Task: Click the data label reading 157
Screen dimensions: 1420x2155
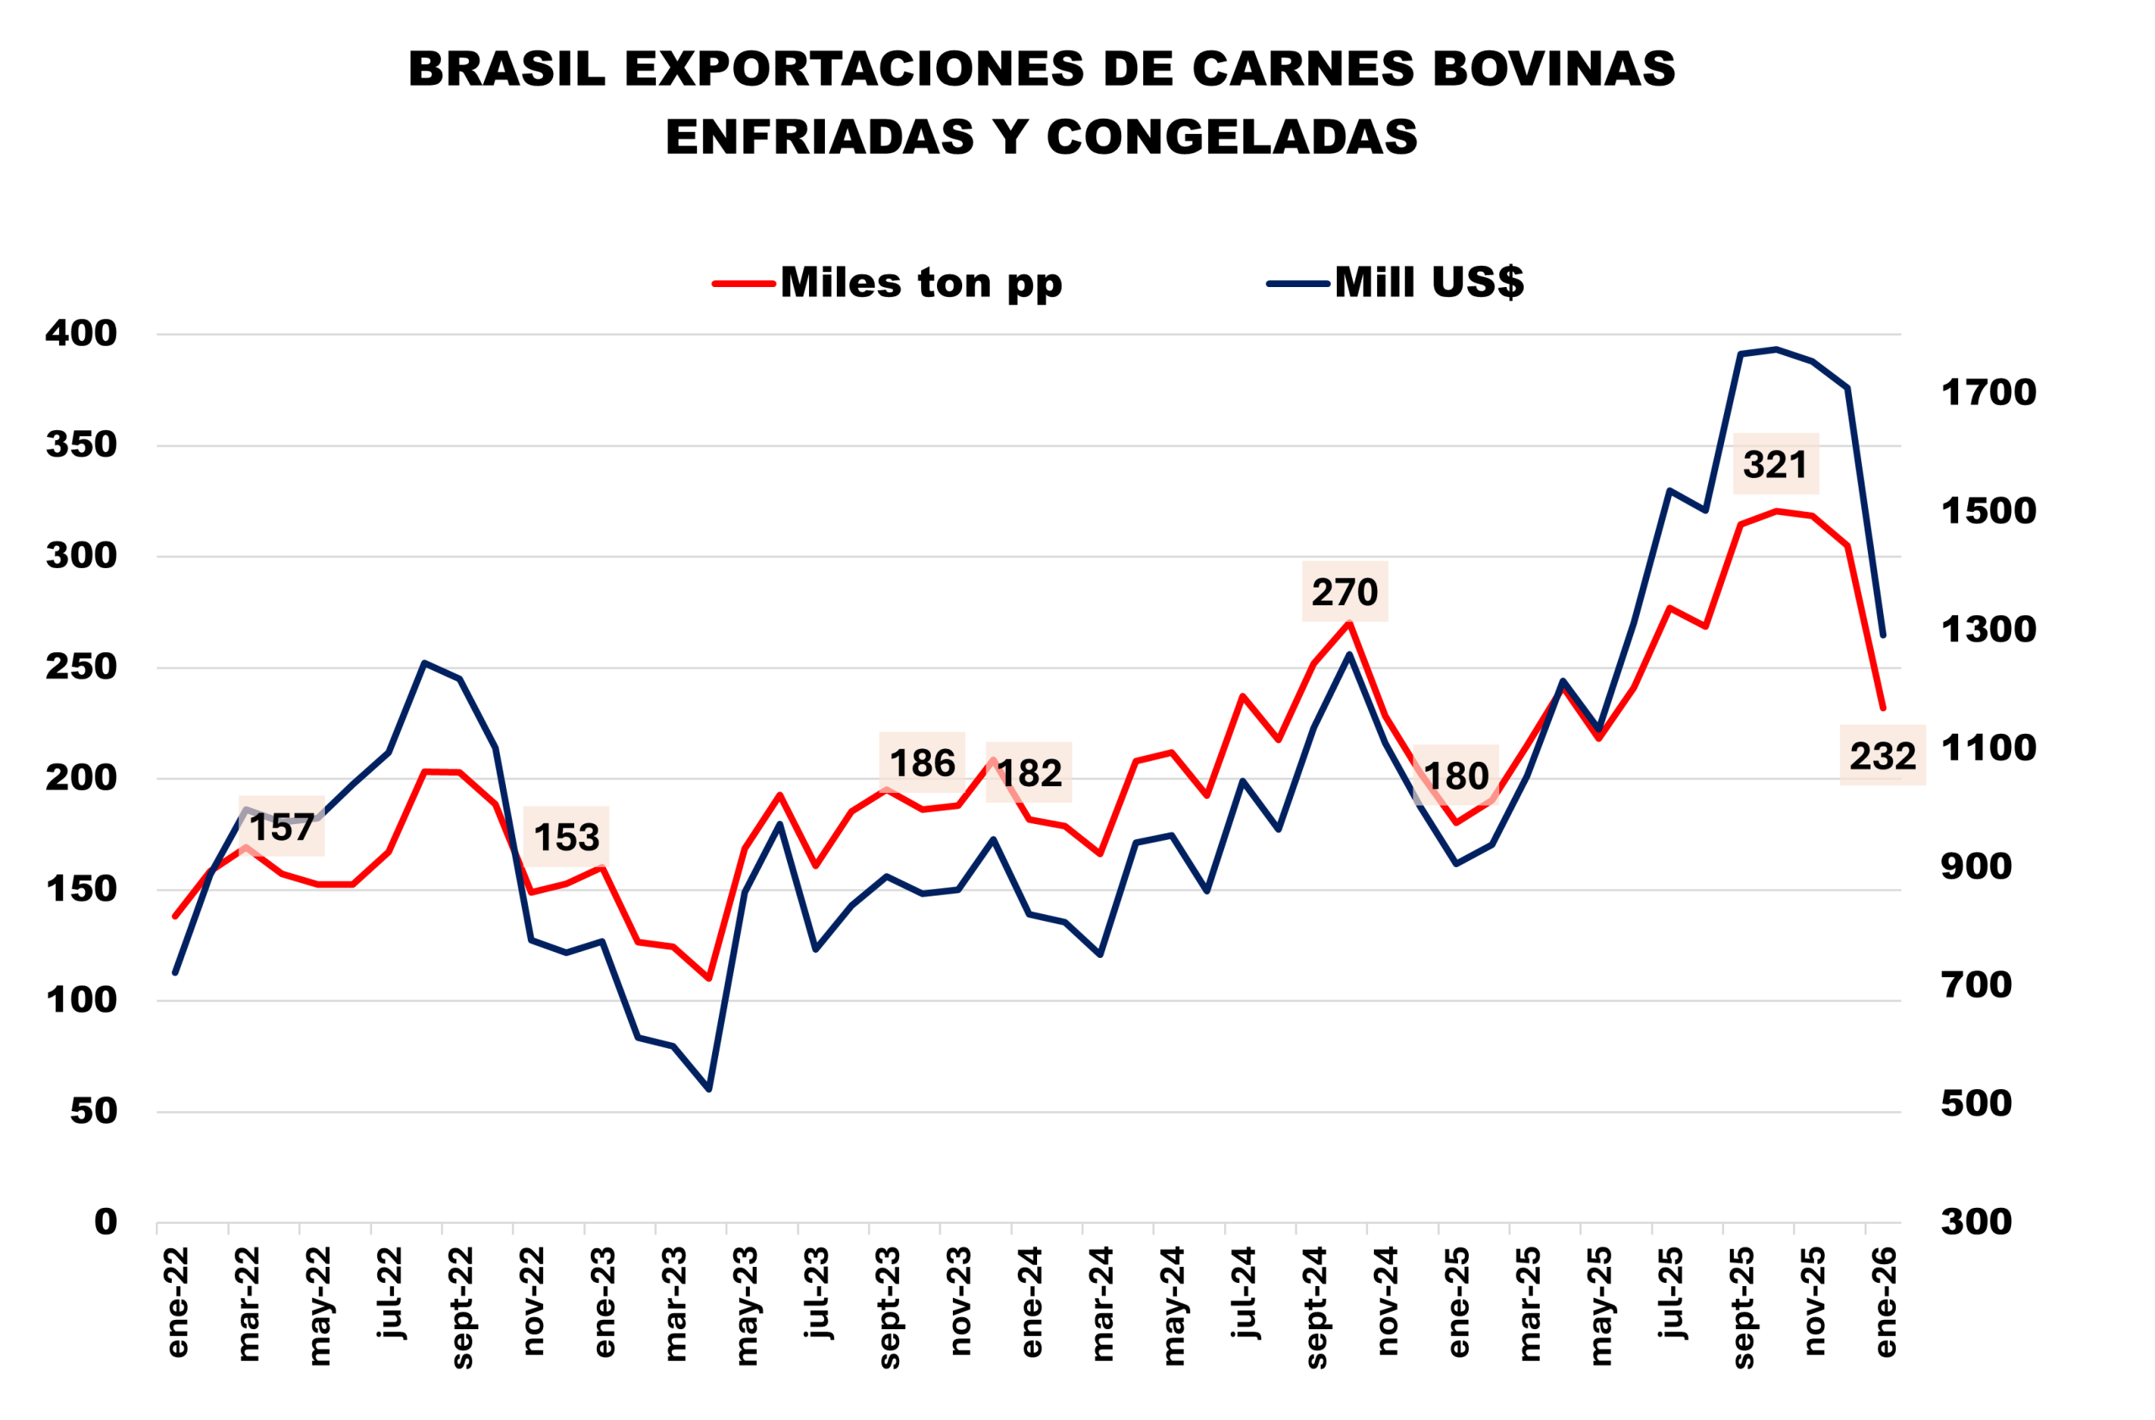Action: [282, 827]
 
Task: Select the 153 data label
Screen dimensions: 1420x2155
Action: [566, 837]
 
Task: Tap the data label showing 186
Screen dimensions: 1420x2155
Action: [922, 763]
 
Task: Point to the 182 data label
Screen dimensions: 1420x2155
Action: [1029, 773]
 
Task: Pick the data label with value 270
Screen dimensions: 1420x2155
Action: [1344, 592]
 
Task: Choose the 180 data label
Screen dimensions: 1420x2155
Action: [1455, 775]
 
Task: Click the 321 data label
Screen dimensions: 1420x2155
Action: [1775, 464]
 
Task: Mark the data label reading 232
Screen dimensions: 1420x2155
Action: [1882, 755]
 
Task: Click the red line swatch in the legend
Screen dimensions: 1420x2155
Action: [743, 285]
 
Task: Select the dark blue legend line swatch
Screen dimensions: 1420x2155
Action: [1297, 285]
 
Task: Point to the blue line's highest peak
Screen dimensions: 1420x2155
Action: [1776, 348]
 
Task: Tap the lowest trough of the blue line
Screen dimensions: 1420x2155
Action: [709, 1089]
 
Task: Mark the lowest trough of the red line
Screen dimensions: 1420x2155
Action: [709, 979]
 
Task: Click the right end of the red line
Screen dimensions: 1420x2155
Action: [1883, 709]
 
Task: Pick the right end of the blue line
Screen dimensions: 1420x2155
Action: [1883, 636]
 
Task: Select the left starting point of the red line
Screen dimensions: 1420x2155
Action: [175, 917]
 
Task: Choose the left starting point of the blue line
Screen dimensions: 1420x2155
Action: [175, 974]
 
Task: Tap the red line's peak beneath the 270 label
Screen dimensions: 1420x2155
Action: [1349, 623]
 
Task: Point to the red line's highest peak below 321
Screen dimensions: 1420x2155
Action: [1776, 511]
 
